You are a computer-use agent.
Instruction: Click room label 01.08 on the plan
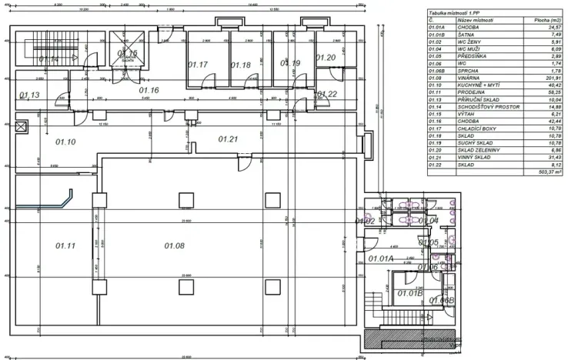175,245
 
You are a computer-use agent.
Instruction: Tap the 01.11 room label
65,245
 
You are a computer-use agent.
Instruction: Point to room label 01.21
229,139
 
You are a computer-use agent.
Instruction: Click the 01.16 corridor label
149,91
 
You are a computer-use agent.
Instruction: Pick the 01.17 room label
199,65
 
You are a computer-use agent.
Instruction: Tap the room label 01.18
241,65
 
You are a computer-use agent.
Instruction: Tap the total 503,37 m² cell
546,173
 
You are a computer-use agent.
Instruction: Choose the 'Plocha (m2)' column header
546,20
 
